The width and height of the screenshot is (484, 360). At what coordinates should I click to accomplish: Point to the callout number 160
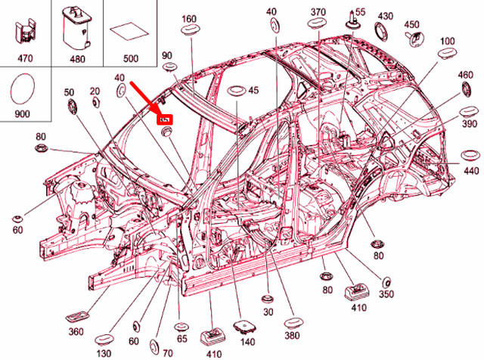click(x=189, y=18)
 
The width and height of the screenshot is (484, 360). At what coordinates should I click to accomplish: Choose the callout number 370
click(x=318, y=12)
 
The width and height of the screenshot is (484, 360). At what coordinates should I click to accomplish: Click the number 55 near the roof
click(x=360, y=12)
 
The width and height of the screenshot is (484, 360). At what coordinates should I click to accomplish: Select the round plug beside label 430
click(x=383, y=32)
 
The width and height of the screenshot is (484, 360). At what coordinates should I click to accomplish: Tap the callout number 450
click(x=411, y=24)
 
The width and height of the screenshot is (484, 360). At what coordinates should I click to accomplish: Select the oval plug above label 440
click(x=470, y=155)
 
